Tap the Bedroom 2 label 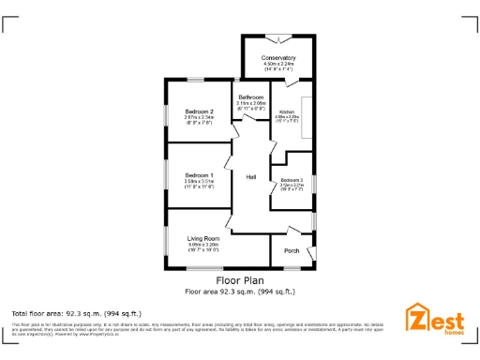point(200,112)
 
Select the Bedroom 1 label point(199,175)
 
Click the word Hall point(251,177)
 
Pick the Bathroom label point(250,97)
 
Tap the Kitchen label point(287,112)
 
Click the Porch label point(292,250)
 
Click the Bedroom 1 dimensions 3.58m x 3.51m point(199,182)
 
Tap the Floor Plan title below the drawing point(240,279)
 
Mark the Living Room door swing point(228,224)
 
